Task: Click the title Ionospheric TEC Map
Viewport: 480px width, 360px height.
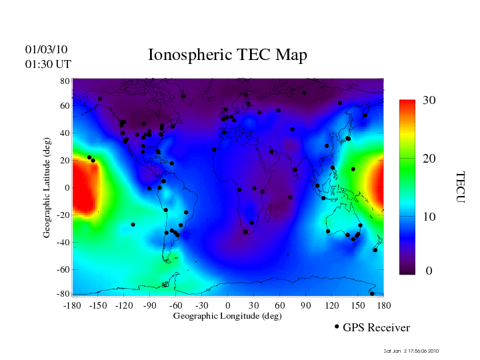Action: (x=227, y=55)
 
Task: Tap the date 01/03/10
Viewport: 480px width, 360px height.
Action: (x=47, y=49)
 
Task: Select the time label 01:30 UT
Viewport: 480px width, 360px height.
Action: (x=48, y=64)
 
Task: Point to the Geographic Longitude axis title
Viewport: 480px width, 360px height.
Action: (x=227, y=316)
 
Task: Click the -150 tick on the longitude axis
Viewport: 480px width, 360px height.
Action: (x=98, y=305)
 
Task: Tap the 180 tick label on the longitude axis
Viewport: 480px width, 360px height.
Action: (x=383, y=305)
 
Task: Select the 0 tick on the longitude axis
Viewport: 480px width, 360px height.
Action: (x=228, y=305)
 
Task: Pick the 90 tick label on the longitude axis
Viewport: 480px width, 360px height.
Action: (x=306, y=305)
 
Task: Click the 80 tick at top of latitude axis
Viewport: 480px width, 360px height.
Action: (x=65, y=81)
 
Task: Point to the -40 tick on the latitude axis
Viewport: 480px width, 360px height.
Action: (x=63, y=243)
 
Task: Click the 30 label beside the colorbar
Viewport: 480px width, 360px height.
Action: (x=429, y=101)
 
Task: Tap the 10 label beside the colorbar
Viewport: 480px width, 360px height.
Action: (x=429, y=217)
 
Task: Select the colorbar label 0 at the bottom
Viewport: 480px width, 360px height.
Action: (x=429, y=271)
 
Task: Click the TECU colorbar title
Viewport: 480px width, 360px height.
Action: (x=460, y=187)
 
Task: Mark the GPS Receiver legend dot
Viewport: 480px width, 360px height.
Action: (x=337, y=327)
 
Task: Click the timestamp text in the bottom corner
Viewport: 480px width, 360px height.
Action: (x=411, y=351)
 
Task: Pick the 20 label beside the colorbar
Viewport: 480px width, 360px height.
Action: (x=429, y=159)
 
